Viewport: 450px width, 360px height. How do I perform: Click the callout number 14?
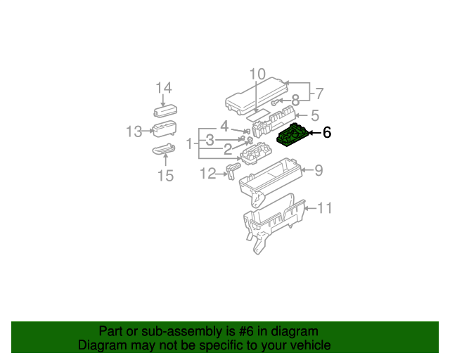click(164, 88)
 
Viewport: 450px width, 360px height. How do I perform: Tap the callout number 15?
click(165, 175)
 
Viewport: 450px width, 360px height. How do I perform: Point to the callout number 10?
click(257, 74)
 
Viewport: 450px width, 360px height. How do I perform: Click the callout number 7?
click(319, 93)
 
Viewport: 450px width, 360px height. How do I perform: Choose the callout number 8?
click(295, 100)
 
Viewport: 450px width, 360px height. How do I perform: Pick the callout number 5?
click(315, 115)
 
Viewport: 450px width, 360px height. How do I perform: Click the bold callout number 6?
click(326, 131)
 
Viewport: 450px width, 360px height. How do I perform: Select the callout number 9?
click(318, 169)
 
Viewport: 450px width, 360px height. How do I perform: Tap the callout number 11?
click(323, 208)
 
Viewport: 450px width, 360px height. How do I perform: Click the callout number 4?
click(224, 127)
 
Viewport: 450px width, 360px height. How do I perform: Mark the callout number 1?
click(189, 143)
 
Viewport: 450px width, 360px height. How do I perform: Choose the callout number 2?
click(227, 149)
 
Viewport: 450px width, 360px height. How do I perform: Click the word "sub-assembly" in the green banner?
click(170, 331)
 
